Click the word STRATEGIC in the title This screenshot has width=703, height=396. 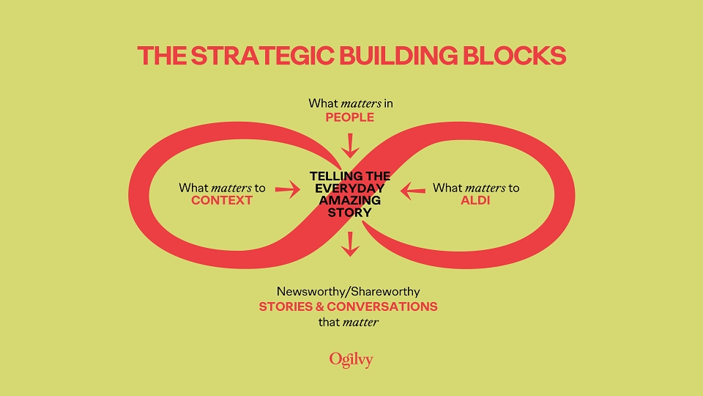coord(248,56)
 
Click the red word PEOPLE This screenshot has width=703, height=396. coord(351,117)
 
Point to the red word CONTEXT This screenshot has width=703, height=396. coord(222,200)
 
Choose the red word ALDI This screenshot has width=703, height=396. coord(475,200)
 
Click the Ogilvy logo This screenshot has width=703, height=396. coord(351,359)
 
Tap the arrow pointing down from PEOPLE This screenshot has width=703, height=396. coord(351,145)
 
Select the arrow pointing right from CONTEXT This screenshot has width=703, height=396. coord(288,191)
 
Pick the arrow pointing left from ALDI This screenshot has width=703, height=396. coord(413,191)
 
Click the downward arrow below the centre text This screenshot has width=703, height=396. coord(351,243)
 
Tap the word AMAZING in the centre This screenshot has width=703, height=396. coord(350,200)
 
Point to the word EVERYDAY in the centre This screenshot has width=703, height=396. coord(350,188)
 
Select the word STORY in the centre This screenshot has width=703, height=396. coord(350,213)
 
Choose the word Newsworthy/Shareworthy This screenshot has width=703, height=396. coord(348,291)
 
